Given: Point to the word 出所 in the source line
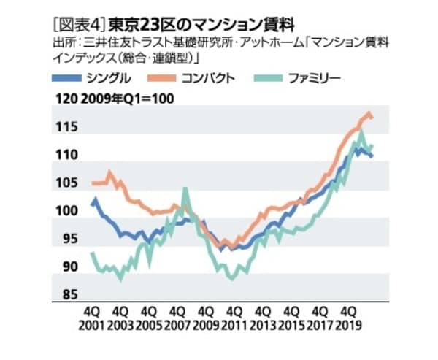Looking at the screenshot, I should click(x=61, y=45).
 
